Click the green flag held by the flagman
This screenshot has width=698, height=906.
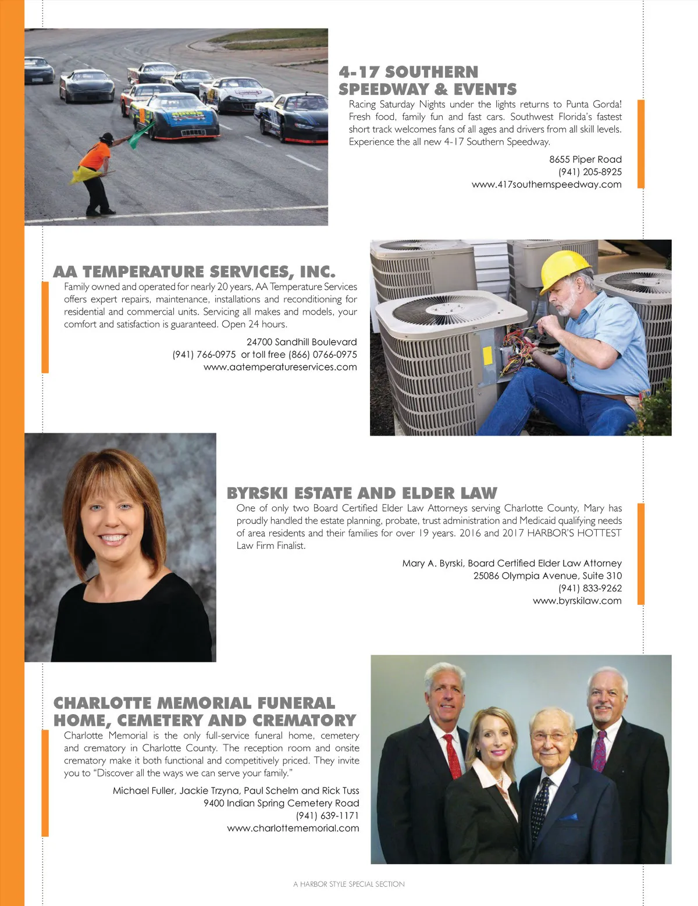[141, 135]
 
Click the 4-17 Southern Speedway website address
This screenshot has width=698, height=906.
[546, 184]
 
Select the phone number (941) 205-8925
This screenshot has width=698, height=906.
[590, 172]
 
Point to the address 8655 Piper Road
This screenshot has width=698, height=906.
[585, 159]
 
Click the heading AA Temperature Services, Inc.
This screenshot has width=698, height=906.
[194, 272]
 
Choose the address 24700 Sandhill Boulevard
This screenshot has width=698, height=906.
[301, 342]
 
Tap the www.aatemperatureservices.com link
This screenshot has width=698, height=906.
[280, 367]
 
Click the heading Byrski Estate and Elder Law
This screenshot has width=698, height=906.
[362, 493]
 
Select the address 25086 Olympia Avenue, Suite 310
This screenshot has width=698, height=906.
[547, 576]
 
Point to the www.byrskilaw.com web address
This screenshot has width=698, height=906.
[577, 601]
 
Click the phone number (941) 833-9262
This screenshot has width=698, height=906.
[590, 588]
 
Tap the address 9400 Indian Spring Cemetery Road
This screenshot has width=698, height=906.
[281, 803]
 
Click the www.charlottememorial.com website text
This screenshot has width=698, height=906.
[293, 828]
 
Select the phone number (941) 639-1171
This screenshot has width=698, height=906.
[327, 815]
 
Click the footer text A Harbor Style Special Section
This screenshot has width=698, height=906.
[349, 884]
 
